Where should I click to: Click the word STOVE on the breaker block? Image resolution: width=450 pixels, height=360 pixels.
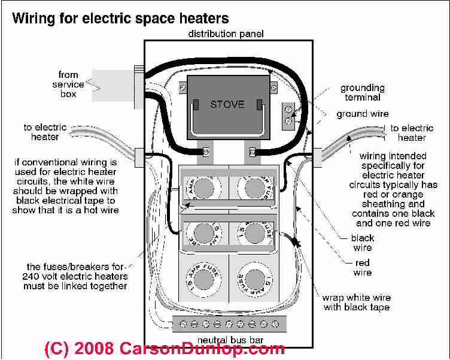tap(227, 104)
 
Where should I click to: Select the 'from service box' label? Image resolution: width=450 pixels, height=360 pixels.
tap(68, 84)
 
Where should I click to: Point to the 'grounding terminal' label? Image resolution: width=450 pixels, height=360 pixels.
tap(360, 93)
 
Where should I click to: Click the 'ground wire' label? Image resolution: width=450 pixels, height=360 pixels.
tap(362, 114)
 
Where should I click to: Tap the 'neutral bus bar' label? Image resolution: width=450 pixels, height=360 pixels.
tap(226, 340)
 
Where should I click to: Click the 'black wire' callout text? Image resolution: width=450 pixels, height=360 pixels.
tap(363, 243)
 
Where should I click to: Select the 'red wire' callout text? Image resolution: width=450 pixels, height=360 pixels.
tap(362, 268)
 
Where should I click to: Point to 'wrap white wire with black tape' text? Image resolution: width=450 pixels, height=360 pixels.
tap(356, 302)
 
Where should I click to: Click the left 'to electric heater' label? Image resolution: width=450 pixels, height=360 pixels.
tap(45, 132)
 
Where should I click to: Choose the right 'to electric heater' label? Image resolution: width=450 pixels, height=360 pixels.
tap(412, 133)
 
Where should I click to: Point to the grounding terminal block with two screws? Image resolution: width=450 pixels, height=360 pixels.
tap(288, 114)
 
